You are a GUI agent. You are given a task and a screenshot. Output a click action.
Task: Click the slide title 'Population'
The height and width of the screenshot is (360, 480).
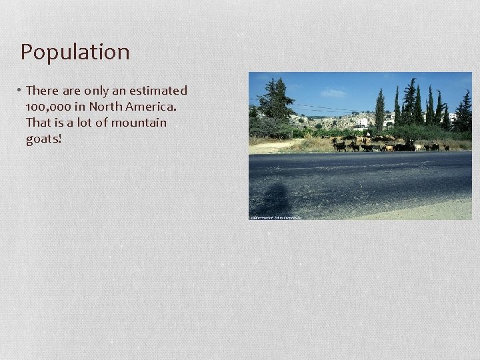(75, 52)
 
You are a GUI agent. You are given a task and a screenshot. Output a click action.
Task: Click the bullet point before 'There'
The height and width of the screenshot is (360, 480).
(20, 91)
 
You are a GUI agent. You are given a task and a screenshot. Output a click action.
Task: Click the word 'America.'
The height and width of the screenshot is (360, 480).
(151, 107)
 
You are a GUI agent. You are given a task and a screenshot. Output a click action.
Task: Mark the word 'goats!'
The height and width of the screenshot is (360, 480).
(43, 139)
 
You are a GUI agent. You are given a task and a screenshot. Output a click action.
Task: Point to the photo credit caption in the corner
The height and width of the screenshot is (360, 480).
(275, 217)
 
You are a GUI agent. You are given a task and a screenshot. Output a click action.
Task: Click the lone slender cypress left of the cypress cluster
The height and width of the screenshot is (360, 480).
(380, 109)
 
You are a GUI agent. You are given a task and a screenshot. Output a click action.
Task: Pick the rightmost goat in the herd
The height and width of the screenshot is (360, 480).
(446, 147)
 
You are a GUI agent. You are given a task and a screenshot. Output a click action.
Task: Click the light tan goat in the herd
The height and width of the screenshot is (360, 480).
(389, 147)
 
